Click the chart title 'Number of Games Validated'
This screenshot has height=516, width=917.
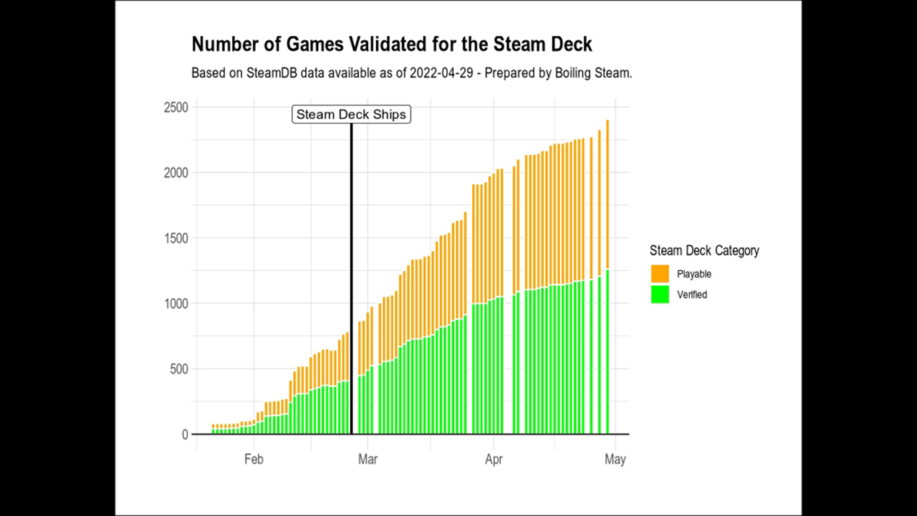click(391, 44)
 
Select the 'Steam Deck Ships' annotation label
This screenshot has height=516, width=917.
click(351, 115)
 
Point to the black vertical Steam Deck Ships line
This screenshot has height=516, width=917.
click(351, 287)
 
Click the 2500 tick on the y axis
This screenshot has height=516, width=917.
click(174, 107)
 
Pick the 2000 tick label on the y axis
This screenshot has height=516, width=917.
click(174, 173)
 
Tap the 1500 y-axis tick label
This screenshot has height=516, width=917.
click(174, 238)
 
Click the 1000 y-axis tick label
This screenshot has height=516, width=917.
click(174, 303)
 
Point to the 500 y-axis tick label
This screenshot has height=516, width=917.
click(177, 369)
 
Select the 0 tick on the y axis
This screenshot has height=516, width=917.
click(185, 434)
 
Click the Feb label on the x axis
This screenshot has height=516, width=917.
click(254, 459)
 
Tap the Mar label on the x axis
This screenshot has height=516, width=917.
click(368, 459)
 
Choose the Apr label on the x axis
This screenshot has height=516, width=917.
click(493, 459)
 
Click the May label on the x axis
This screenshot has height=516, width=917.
click(615, 459)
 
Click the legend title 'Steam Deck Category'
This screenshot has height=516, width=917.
click(704, 251)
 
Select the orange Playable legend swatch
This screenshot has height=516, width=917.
click(660, 274)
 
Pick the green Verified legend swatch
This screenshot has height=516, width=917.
click(660, 295)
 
